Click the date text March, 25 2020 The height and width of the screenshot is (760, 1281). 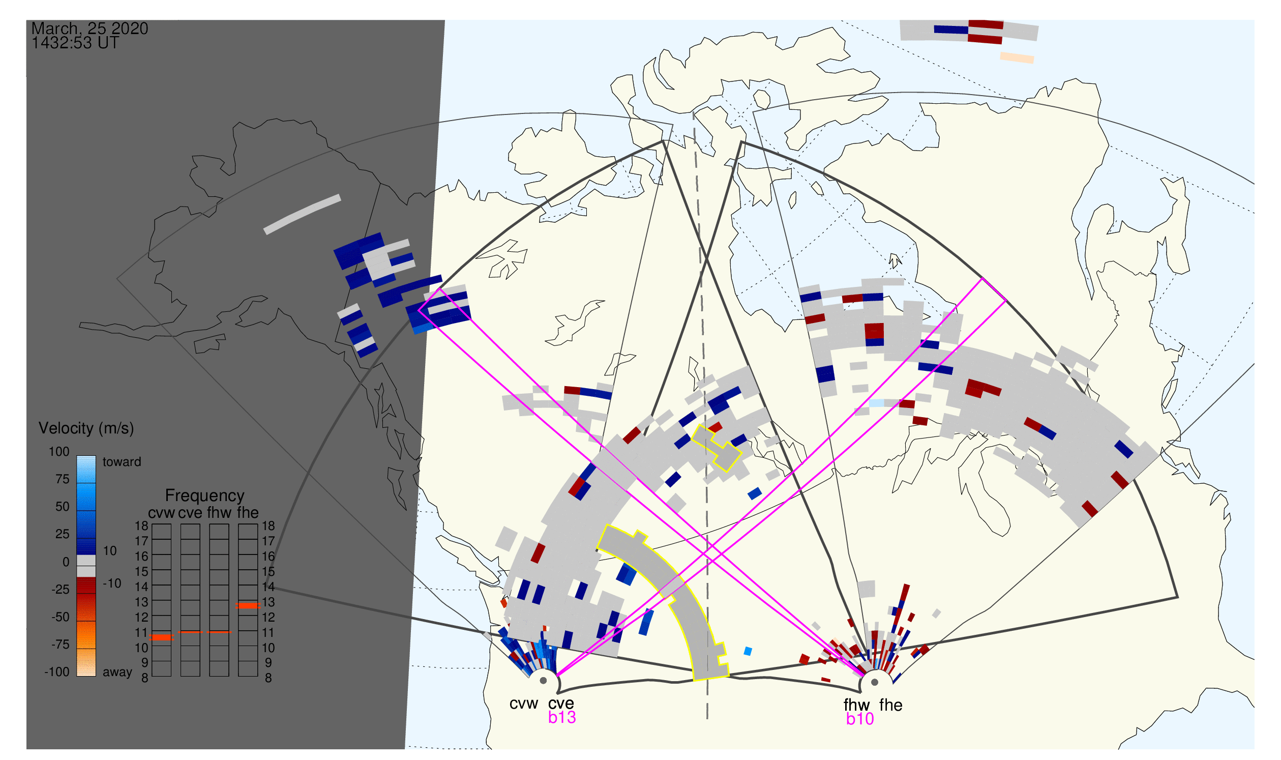(90, 28)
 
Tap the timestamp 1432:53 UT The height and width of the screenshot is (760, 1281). (75, 43)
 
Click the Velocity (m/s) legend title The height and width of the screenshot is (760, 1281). (86, 428)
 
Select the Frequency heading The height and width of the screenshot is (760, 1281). (204, 496)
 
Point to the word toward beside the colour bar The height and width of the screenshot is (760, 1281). (122, 462)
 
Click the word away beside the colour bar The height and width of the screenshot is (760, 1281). (117, 672)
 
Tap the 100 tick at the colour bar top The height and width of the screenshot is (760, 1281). (59, 452)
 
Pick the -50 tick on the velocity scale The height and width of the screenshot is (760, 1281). (60, 617)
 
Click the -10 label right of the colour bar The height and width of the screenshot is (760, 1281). (112, 583)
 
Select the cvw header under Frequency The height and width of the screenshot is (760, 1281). (161, 513)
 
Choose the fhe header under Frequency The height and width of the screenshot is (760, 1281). (248, 513)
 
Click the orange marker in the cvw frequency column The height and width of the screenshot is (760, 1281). (162, 637)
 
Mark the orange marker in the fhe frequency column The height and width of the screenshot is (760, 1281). (248, 606)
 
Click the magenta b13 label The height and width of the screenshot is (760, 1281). (561, 717)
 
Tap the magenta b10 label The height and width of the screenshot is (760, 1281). (859, 719)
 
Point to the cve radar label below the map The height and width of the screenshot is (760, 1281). (560, 703)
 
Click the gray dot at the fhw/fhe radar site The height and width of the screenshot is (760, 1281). (875, 682)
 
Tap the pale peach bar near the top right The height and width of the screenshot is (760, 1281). (1017, 58)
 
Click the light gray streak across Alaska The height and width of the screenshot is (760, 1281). (302, 214)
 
